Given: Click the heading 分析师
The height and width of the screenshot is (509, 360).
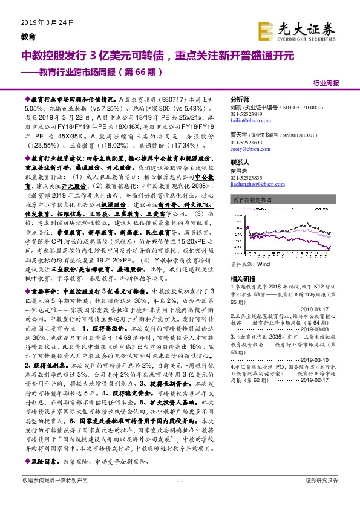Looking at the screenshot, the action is [241, 97].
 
